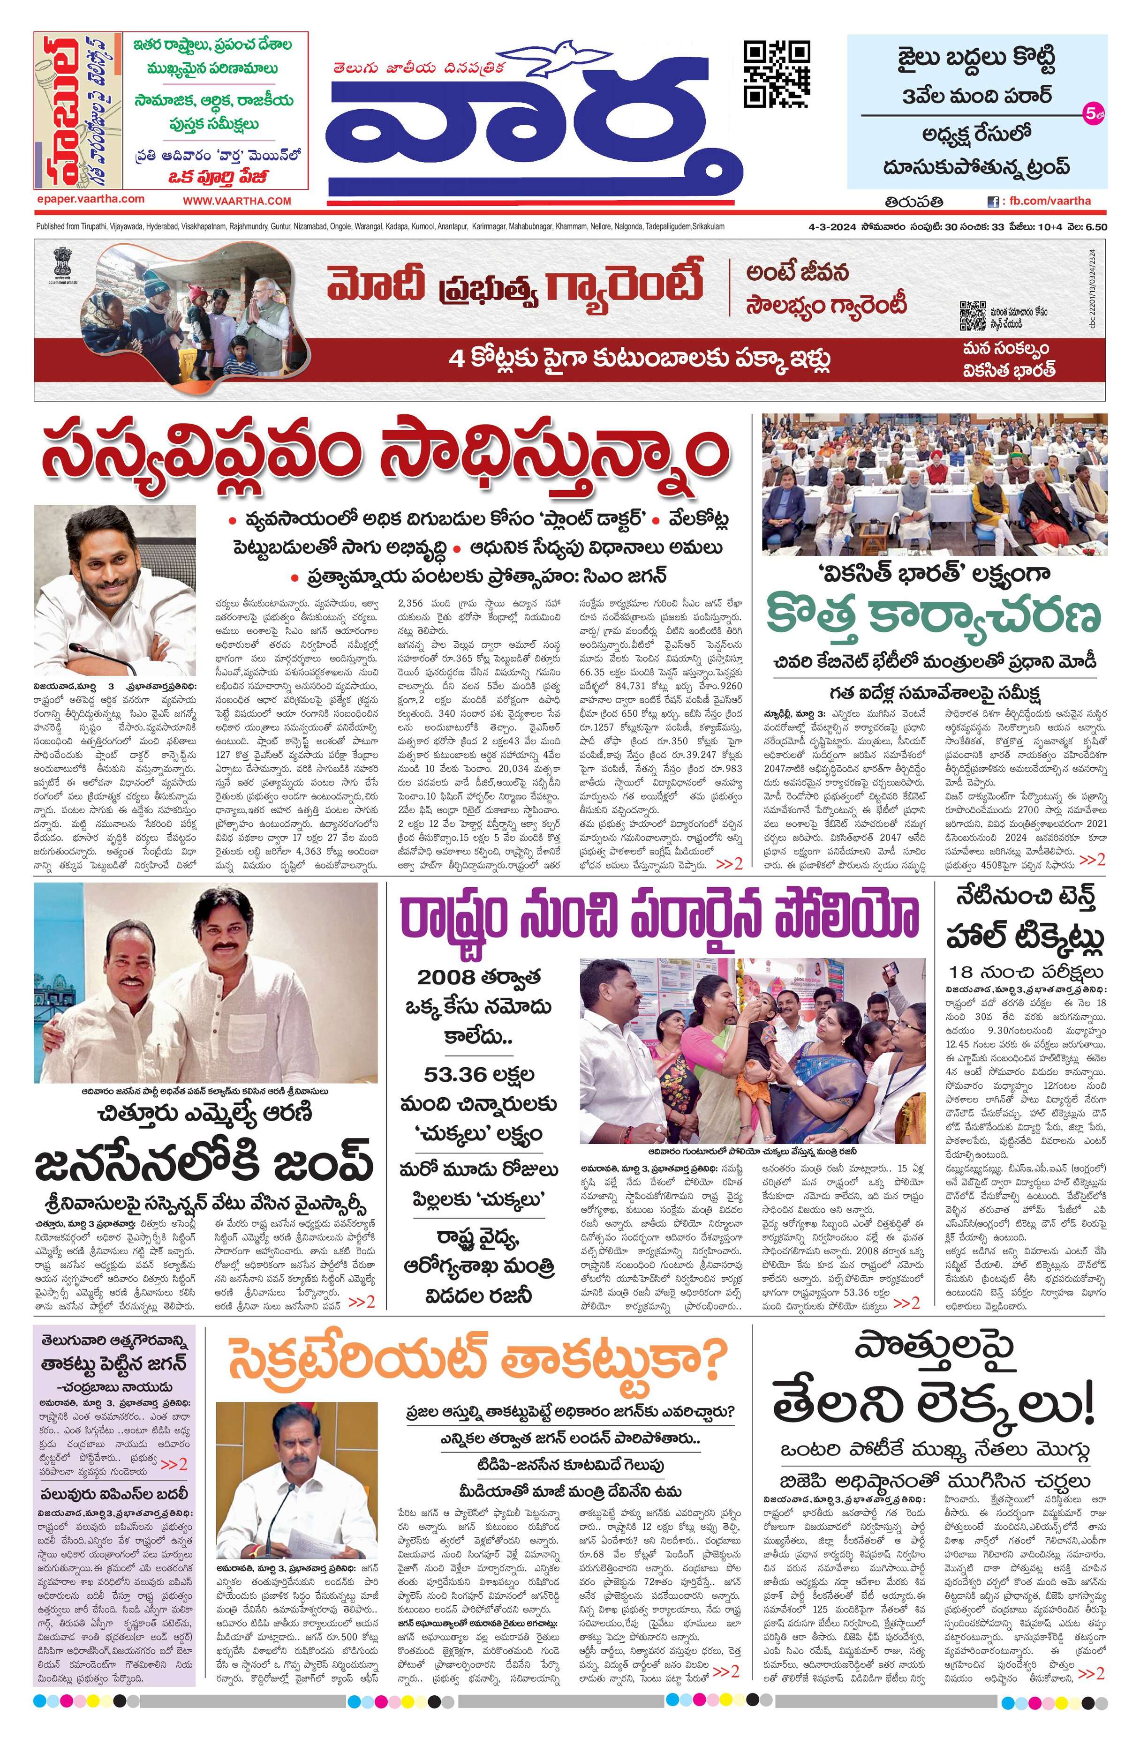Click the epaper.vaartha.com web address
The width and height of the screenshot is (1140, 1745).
(90, 199)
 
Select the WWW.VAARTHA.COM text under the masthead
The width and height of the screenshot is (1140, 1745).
(236, 200)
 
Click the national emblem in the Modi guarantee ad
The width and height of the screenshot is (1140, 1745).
(56, 262)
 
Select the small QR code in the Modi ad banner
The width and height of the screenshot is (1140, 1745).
(972, 316)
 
